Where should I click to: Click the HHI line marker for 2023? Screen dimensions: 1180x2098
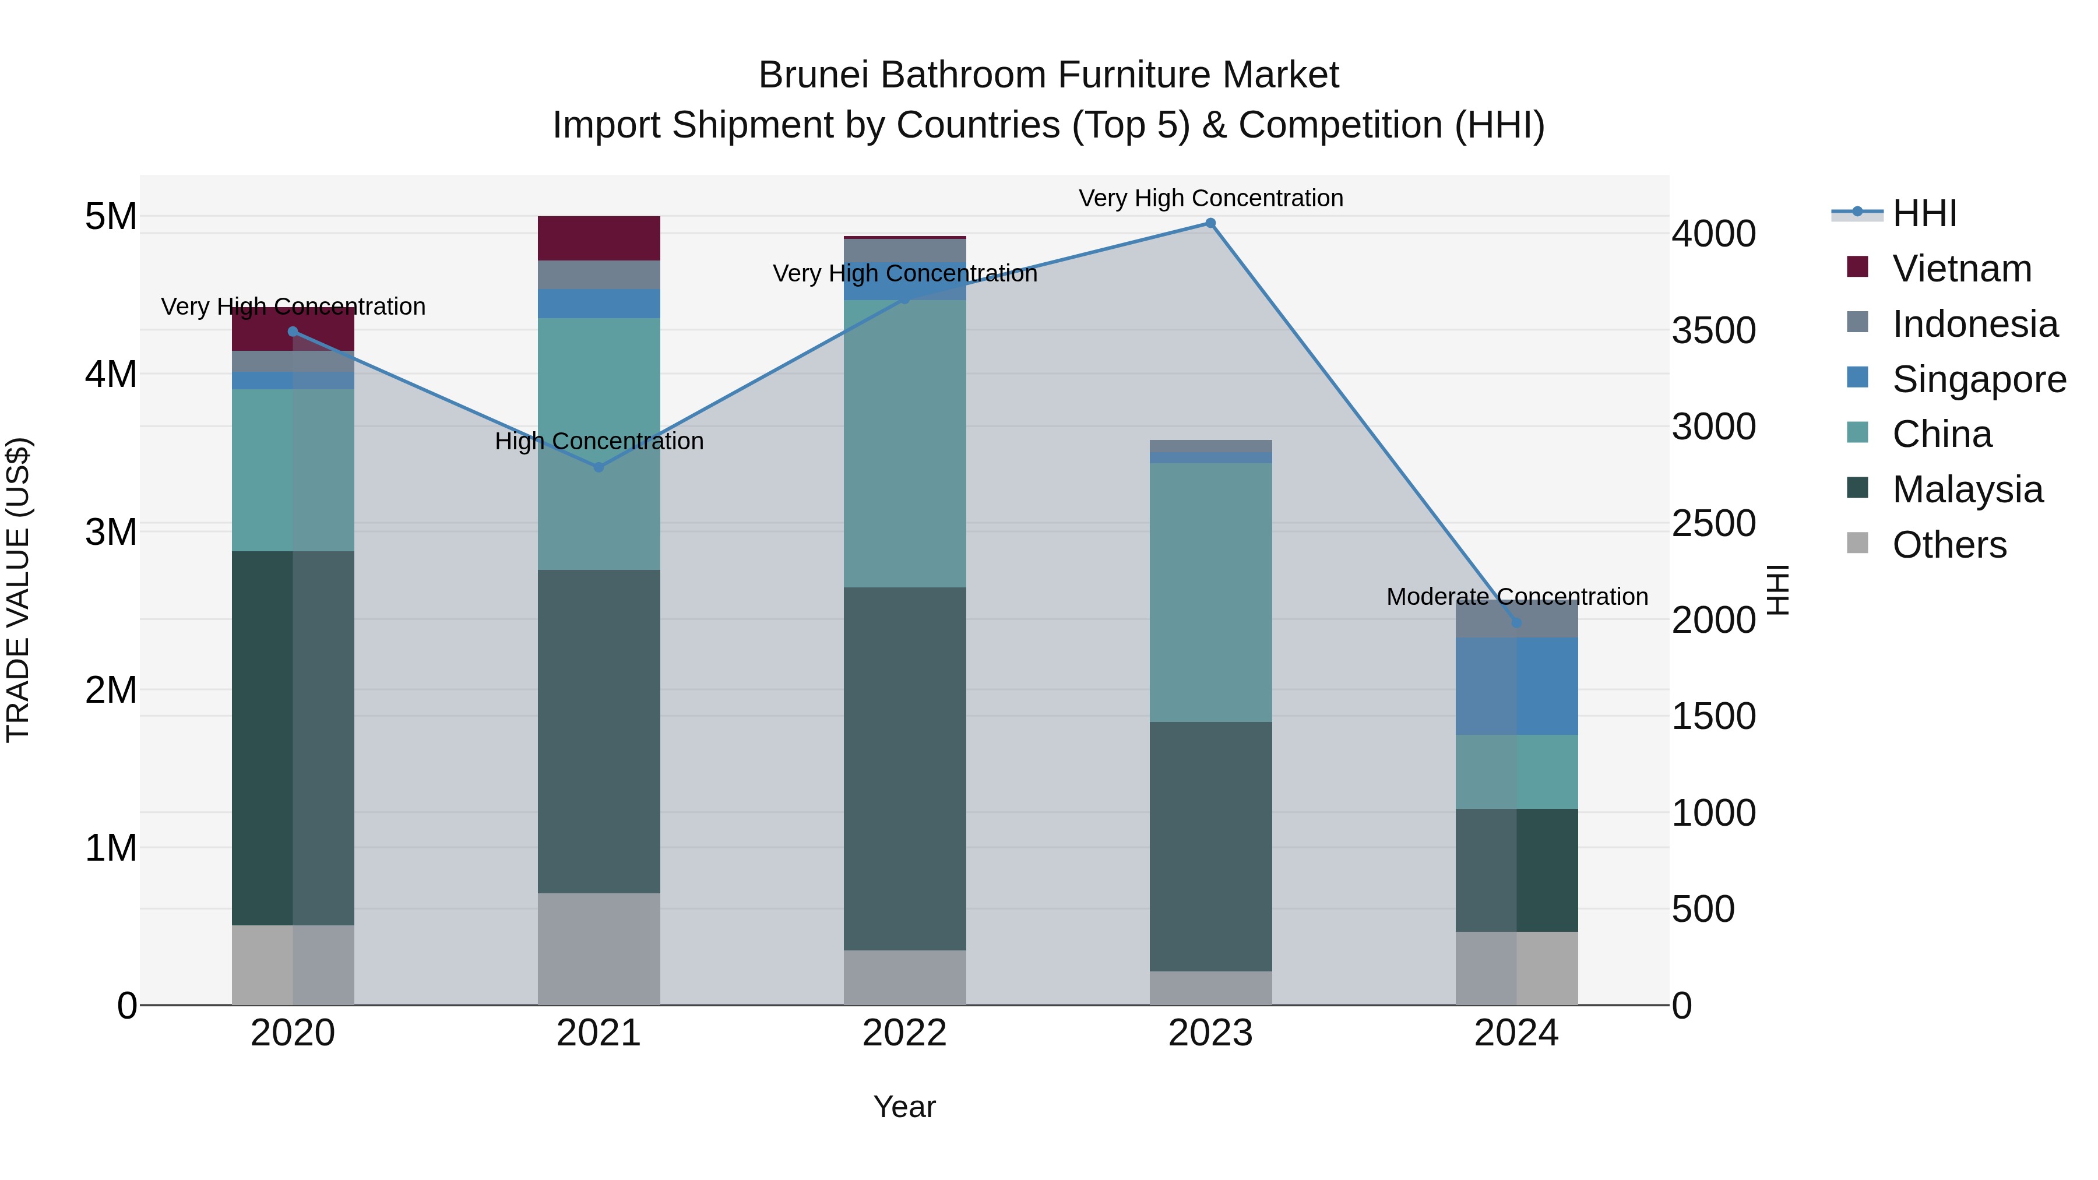point(1210,223)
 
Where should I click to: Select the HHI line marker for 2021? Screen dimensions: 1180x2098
point(599,467)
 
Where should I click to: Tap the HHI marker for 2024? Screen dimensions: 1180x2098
point(1516,623)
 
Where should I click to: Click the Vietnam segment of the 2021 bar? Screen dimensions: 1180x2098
point(599,238)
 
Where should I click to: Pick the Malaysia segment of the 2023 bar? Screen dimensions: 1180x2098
point(1210,846)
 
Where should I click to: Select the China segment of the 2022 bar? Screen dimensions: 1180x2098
point(904,444)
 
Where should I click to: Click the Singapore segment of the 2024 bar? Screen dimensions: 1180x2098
point(1516,686)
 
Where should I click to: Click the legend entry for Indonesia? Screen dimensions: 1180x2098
point(1974,324)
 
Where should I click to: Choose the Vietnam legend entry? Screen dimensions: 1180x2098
point(1961,269)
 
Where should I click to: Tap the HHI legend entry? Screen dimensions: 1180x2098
point(1924,213)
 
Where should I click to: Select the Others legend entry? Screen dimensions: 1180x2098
point(1949,545)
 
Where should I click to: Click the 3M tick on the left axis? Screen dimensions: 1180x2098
point(111,532)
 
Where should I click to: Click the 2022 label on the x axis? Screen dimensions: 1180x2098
point(904,1033)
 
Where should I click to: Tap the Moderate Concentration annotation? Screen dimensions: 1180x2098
point(1516,597)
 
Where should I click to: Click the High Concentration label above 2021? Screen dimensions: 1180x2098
point(599,441)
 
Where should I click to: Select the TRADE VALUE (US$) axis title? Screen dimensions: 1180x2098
point(18,590)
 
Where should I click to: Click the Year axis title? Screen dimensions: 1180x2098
point(904,1107)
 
